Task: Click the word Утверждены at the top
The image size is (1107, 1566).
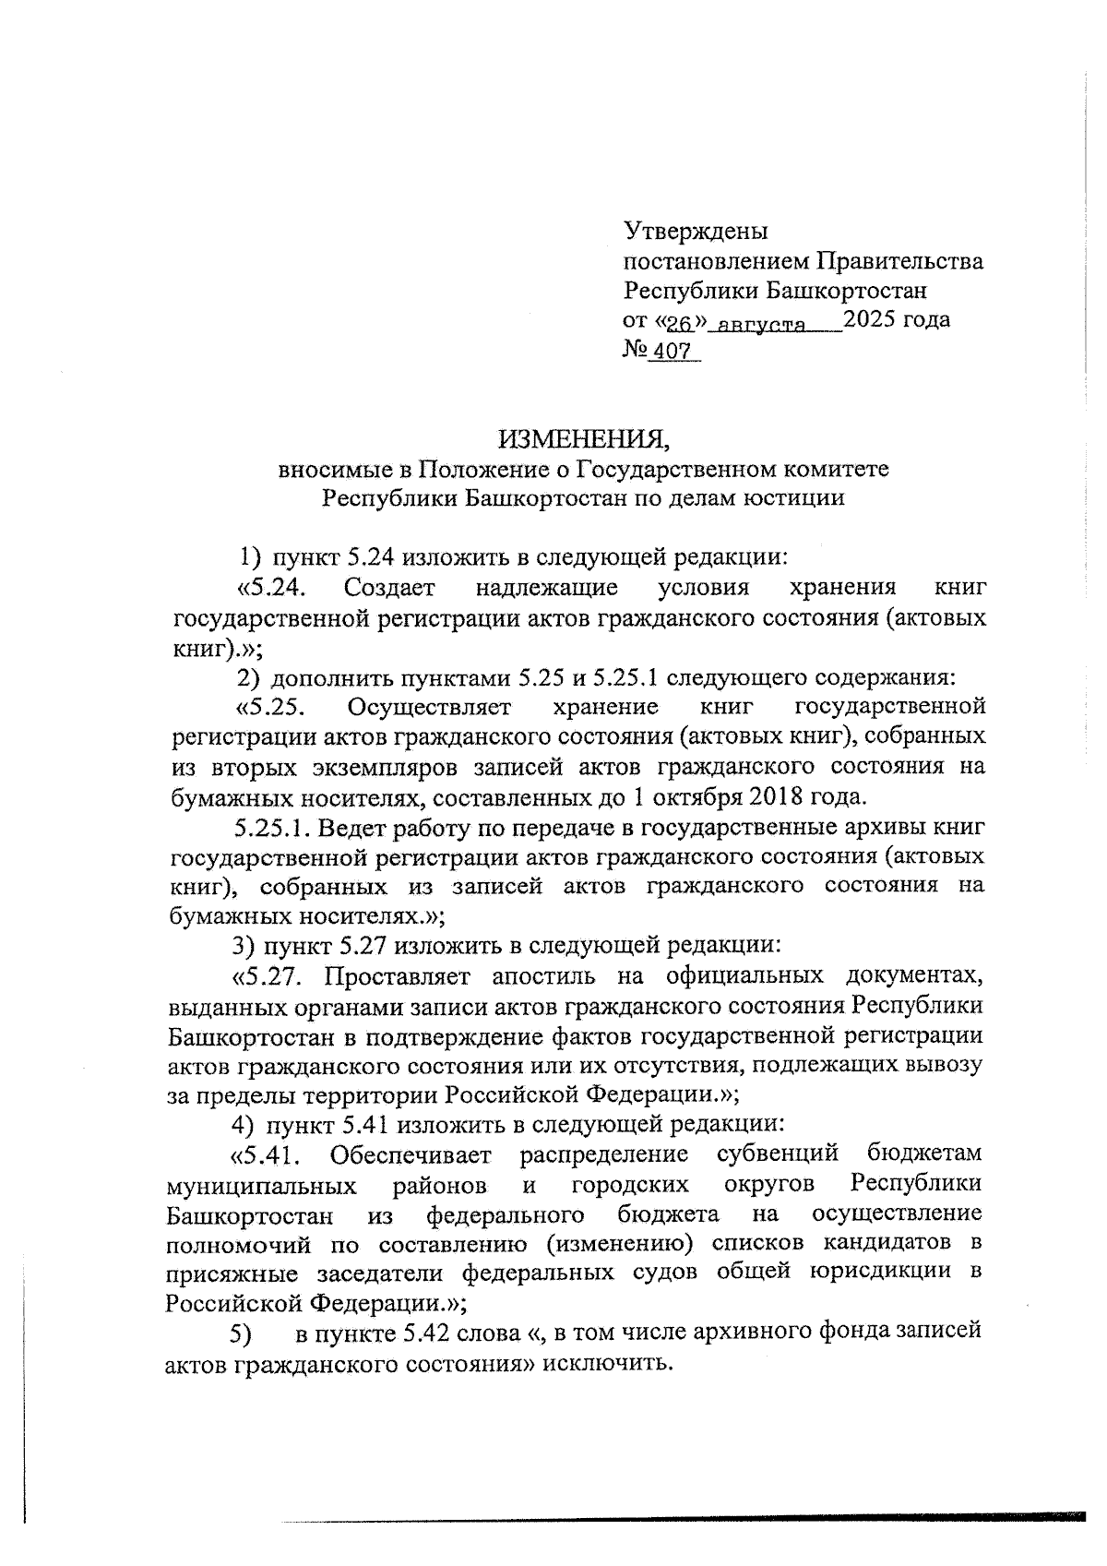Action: tap(696, 231)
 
